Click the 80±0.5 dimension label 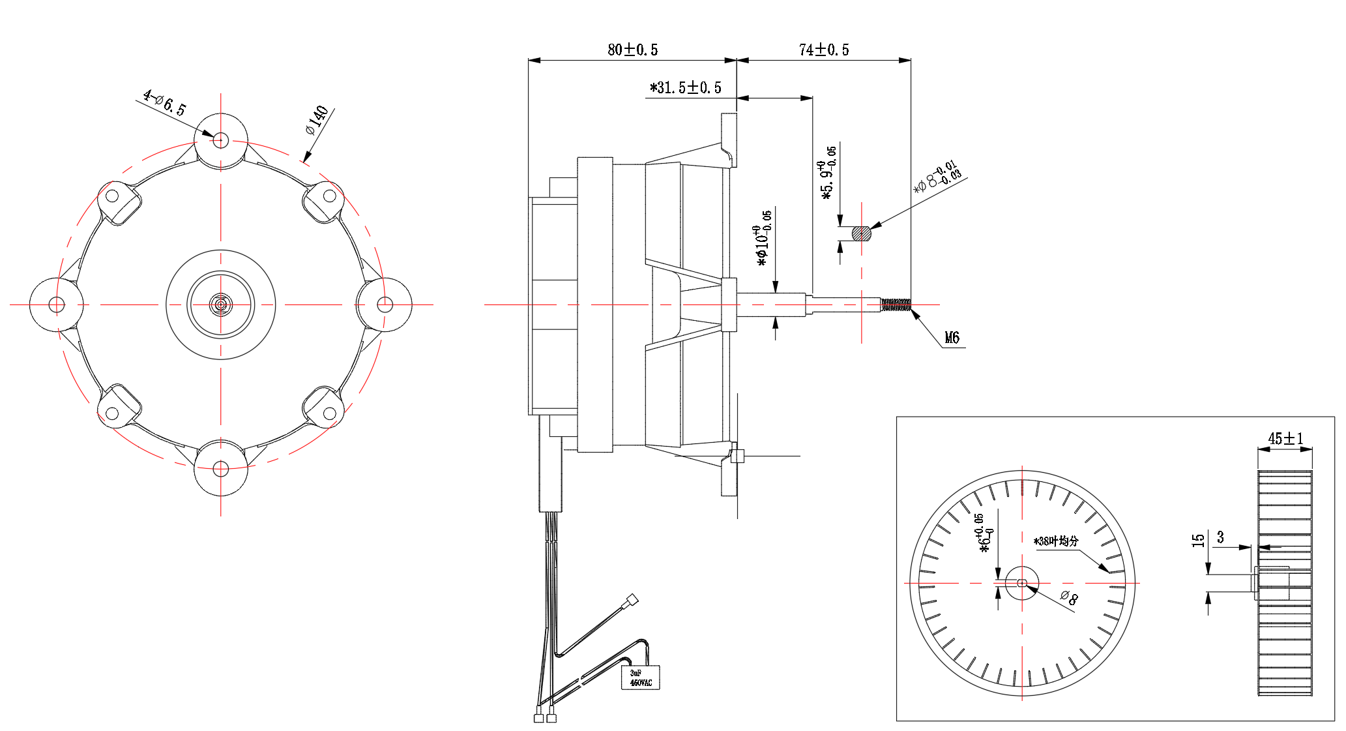tap(632, 50)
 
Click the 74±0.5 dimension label tap(823, 50)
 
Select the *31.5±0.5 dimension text tap(685, 87)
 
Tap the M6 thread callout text tap(952, 338)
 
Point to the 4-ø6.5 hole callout tap(165, 103)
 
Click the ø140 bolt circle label tap(317, 119)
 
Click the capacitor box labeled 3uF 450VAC tap(640, 678)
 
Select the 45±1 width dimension tap(1285, 438)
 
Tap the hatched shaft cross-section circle tap(861, 233)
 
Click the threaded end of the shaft tap(896, 305)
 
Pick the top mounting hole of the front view tap(220, 140)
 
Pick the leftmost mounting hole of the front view tap(57, 305)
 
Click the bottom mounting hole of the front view tap(220, 469)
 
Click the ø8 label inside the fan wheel tap(1068, 597)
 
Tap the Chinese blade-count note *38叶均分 tap(1056, 541)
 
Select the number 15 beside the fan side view tap(1198, 540)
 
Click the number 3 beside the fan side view tap(1220, 537)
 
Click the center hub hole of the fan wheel tap(1021, 583)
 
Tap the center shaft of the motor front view tap(220, 305)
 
